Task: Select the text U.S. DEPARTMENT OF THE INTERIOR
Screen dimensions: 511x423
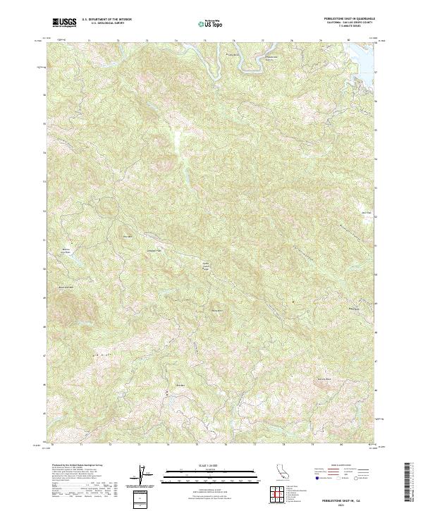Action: tap(106, 20)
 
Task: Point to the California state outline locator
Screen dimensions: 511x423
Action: tap(276, 474)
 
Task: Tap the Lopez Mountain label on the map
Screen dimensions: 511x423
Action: tap(127, 235)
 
